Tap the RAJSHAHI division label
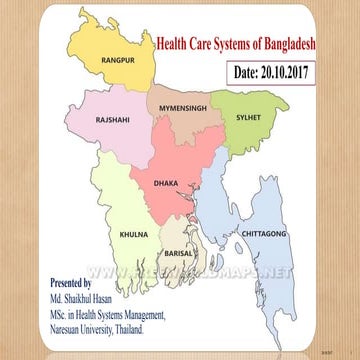pyautogui.click(x=113, y=119)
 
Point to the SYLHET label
pyautogui.click(x=248, y=117)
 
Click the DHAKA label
pyautogui.click(x=166, y=183)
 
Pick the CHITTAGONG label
pyautogui.click(x=265, y=233)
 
